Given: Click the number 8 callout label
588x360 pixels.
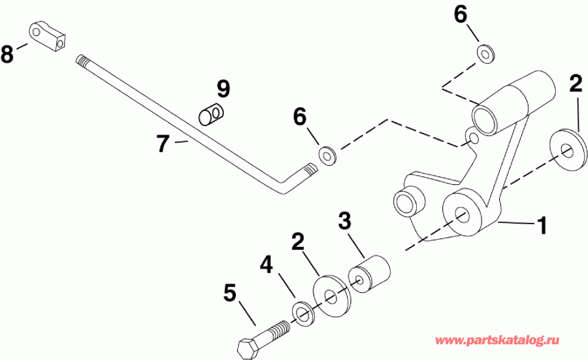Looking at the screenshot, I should click(x=7, y=54).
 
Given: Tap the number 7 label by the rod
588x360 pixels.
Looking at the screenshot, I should click(x=163, y=143).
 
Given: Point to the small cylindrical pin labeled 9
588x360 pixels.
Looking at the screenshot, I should click(x=210, y=115).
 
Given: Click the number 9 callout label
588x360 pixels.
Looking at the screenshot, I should click(x=223, y=88).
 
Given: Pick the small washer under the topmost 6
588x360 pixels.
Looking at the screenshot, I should click(x=484, y=54).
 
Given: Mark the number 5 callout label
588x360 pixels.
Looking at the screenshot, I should click(x=229, y=293).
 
